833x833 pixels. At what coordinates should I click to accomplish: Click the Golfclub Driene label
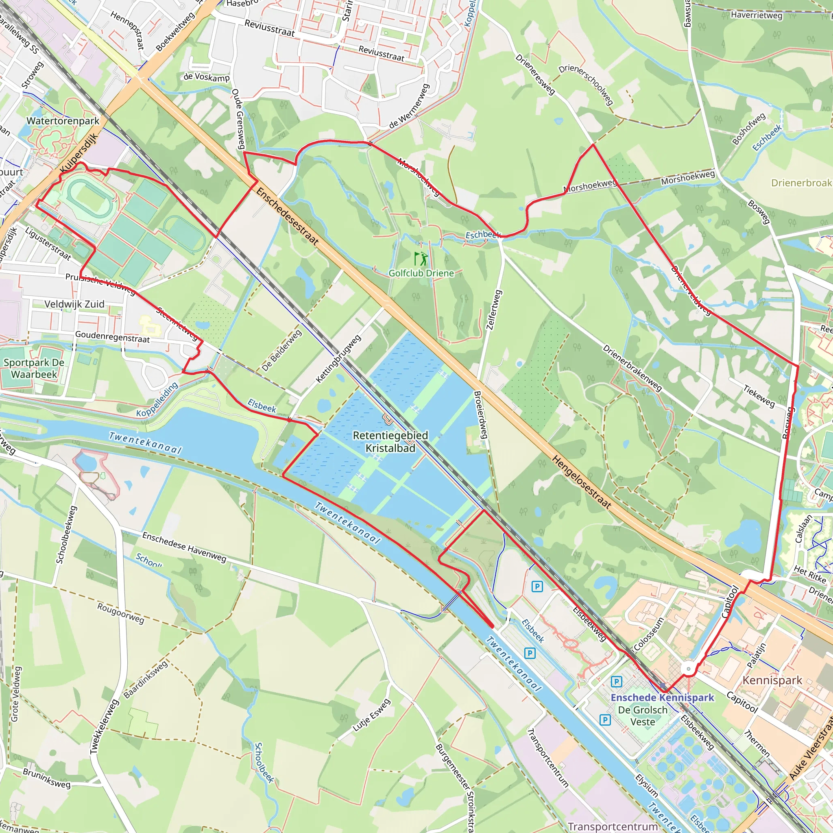click(421, 273)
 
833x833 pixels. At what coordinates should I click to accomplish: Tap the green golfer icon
click(421, 259)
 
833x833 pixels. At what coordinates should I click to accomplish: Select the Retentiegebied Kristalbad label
click(390, 441)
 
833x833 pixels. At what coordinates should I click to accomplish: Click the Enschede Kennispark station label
click(662, 697)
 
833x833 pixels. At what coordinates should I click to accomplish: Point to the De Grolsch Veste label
click(642, 716)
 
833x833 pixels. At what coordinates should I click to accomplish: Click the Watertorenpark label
click(63, 121)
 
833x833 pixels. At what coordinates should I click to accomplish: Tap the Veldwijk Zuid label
click(74, 304)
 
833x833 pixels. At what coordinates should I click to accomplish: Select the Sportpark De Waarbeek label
click(34, 368)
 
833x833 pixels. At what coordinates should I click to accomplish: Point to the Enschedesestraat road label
click(287, 216)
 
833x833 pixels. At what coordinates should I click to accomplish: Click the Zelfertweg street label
click(494, 310)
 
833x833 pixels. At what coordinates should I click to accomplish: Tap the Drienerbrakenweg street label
click(632, 368)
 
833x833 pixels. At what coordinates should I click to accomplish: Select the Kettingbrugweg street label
click(338, 359)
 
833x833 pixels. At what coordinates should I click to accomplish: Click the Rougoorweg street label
click(121, 613)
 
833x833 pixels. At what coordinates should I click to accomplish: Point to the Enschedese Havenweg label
click(184, 547)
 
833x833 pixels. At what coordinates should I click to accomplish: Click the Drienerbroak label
click(802, 183)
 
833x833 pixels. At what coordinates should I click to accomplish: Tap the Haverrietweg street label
click(756, 15)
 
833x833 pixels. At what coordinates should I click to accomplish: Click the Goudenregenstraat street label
click(113, 336)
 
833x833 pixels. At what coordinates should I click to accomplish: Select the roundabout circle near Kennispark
click(689, 669)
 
